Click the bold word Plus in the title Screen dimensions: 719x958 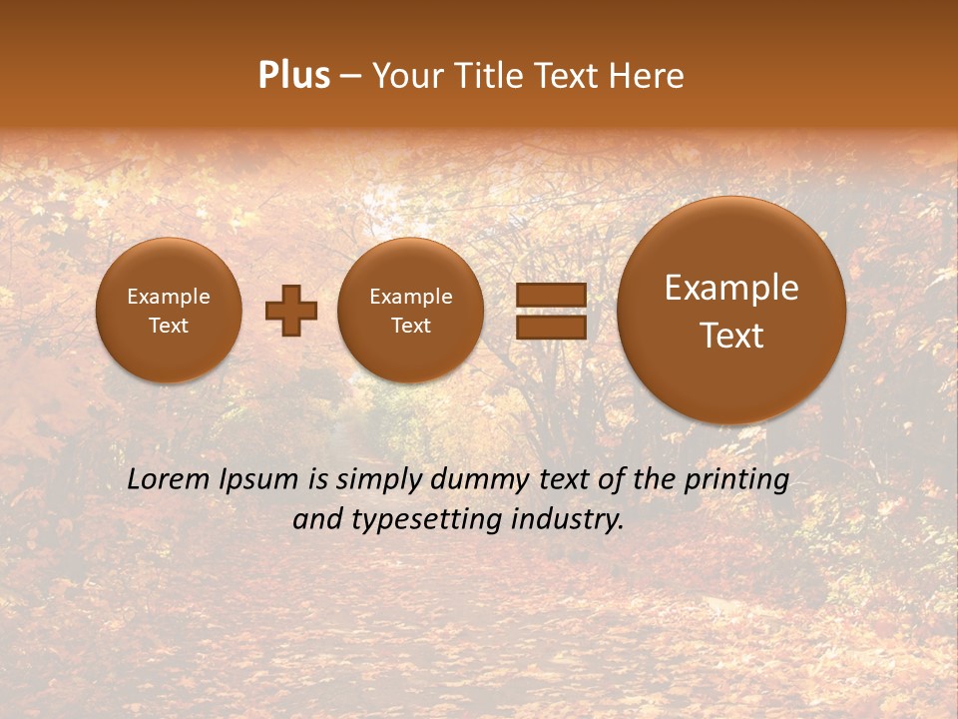point(293,76)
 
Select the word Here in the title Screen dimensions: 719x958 point(648,76)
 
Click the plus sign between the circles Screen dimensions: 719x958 point(290,311)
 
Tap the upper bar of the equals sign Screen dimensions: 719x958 point(551,295)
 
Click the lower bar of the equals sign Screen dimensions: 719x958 point(551,328)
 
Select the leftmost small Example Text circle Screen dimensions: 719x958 point(169,311)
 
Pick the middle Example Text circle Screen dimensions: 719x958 point(410,311)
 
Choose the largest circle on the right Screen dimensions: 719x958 point(731,311)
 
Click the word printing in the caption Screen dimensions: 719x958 point(735,480)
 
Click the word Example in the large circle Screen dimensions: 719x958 point(731,288)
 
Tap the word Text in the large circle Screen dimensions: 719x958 point(731,336)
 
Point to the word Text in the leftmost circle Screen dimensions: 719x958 point(169,326)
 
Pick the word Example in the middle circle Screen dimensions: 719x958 point(410,297)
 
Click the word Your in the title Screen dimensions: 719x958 point(405,76)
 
